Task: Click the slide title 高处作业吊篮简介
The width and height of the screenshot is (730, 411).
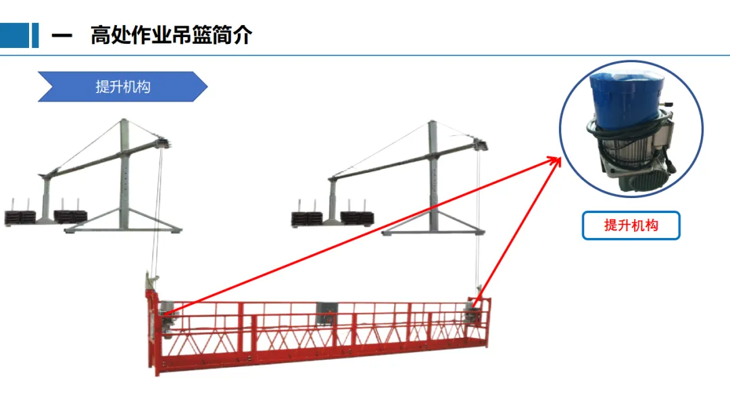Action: click(171, 35)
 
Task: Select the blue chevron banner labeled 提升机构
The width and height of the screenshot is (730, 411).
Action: click(122, 87)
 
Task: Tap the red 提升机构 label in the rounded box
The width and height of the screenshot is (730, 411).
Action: click(631, 226)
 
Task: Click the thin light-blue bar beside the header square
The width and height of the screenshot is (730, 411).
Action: click(34, 35)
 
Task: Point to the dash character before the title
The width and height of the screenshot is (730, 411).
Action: click(62, 36)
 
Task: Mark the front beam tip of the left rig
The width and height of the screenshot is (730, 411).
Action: click(164, 144)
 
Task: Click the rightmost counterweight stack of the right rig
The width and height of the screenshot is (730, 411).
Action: click(358, 217)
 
